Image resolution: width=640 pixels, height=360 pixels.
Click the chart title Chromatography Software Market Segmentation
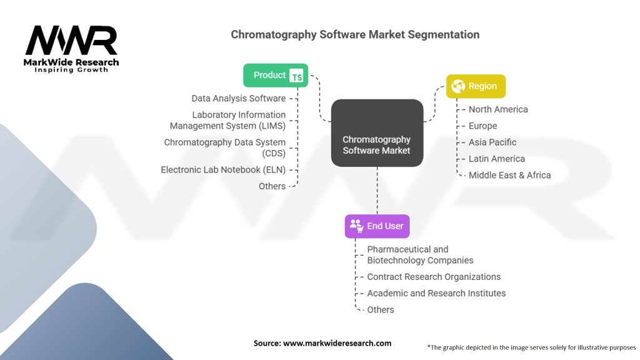point(355,34)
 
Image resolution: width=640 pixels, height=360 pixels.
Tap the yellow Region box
point(476,86)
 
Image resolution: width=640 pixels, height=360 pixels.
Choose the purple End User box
point(377,226)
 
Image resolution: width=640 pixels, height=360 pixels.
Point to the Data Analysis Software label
point(238,98)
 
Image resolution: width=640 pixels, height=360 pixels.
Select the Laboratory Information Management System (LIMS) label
point(227,120)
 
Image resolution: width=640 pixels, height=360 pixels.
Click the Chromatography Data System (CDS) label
point(224,147)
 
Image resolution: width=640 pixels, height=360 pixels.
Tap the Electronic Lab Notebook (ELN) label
point(223,169)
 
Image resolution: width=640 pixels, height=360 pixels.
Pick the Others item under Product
point(272,186)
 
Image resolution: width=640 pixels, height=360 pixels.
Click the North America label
point(498,109)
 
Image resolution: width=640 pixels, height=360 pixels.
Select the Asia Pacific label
point(492,142)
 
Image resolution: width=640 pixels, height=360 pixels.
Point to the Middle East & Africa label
point(509,175)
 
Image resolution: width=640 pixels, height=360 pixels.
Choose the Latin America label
point(496,159)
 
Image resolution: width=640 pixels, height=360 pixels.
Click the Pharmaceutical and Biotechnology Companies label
point(420,255)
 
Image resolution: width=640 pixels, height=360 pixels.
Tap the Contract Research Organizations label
point(434,277)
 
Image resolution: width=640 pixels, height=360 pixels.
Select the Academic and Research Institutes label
point(436,293)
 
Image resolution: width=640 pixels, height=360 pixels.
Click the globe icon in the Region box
point(458,86)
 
